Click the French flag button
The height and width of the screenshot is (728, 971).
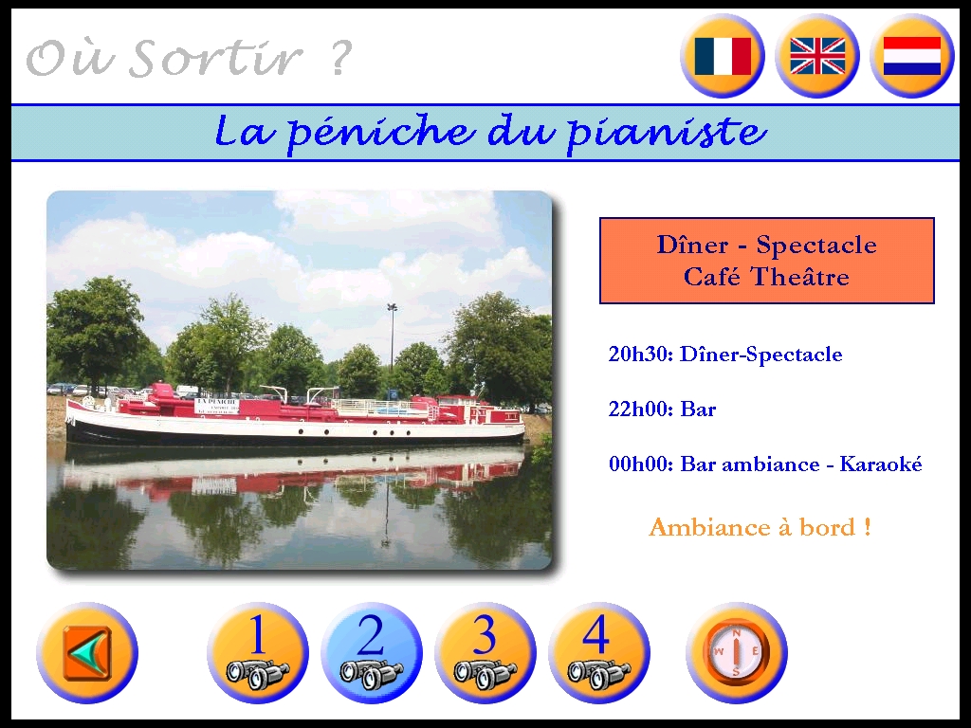click(723, 56)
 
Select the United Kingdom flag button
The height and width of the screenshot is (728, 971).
click(817, 56)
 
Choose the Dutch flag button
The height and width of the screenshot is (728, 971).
click(912, 56)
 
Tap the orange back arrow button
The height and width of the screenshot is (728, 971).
click(87, 653)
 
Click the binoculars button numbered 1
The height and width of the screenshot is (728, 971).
click(258, 653)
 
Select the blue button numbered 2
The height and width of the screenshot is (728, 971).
click(372, 653)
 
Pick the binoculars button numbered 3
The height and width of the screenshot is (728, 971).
click(485, 653)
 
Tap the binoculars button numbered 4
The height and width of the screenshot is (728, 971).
click(599, 653)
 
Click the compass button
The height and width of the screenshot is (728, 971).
click(736, 653)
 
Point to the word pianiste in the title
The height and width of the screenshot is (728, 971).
click(667, 133)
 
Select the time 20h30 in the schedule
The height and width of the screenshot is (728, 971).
click(640, 355)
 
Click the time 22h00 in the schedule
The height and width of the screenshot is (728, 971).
click(640, 409)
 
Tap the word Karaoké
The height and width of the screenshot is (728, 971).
click(881, 464)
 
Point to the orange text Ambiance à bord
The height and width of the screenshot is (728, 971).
click(760, 527)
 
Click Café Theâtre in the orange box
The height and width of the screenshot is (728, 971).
click(766, 276)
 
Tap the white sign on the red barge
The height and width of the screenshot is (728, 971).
click(217, 406)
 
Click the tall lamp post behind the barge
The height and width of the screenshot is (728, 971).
click(392, 337)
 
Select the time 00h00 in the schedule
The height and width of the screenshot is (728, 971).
click(640, 464)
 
